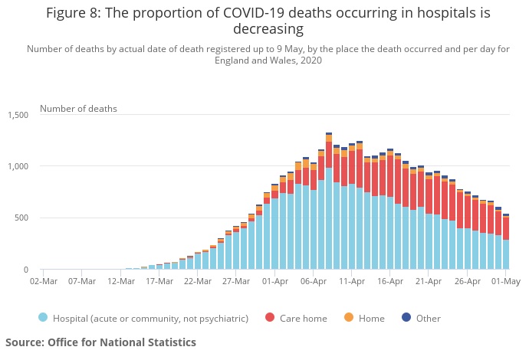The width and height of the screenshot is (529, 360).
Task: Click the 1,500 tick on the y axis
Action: (x=17, y=115)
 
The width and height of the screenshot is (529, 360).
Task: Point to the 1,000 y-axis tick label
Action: (x=17, y=166)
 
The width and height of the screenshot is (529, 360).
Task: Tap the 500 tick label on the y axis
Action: (x=21, y=218)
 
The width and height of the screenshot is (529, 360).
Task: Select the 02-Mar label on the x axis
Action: (x=44, y=281)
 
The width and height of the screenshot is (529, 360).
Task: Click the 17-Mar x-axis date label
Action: (x=159, y=281)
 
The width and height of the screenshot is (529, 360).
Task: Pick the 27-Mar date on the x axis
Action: (x=236, y=281)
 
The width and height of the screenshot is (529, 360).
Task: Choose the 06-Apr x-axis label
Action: (x=314, y=281)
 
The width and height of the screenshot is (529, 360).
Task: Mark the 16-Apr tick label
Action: (x=390, y=281)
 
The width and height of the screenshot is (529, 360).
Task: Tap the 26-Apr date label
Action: (x=468, y=281)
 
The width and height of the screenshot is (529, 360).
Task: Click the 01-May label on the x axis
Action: (x=506, y=281)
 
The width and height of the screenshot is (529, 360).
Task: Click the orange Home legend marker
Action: (x=348, y=318)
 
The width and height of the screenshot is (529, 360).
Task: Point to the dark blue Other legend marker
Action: (x=406, y=318)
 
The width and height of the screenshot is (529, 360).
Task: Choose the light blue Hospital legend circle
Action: (x=43, y=318)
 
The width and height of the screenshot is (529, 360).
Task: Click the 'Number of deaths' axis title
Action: (x=78, y=109)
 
